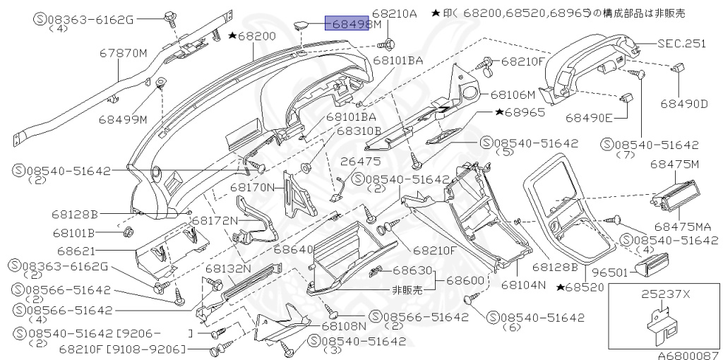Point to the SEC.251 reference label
point(681,43)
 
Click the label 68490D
point(683,104)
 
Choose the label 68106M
point(513,93)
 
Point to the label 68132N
point(228,268)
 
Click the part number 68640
point(293,250)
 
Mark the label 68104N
point(524,285)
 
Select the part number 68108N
point(344,325)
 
